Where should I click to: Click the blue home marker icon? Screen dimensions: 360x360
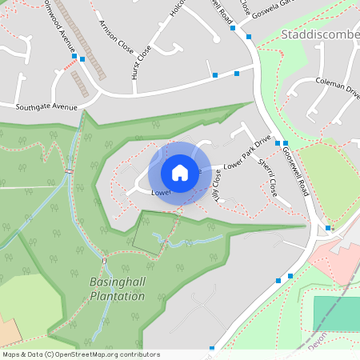click(180, 173)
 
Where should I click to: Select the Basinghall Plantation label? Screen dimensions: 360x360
click(117, 290)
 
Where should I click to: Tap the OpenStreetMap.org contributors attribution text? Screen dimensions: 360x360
click(104, 354)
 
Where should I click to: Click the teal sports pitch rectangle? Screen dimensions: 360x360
click(336, 314)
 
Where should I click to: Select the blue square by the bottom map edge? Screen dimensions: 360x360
click(212, 349)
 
